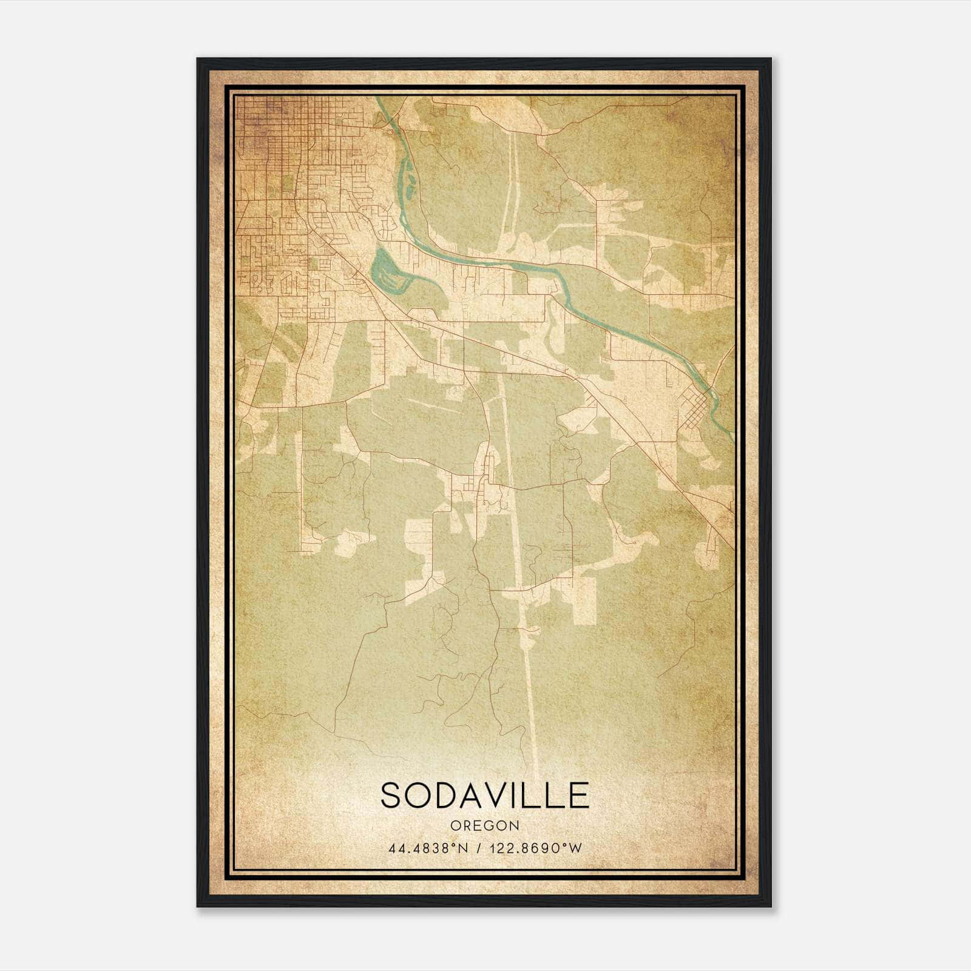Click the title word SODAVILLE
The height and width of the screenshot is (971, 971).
click(485, 795)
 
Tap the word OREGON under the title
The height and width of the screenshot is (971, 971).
click(485, 826)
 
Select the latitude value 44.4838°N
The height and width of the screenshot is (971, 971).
click(428, 848)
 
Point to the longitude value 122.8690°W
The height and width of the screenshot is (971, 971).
click(539, 848)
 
